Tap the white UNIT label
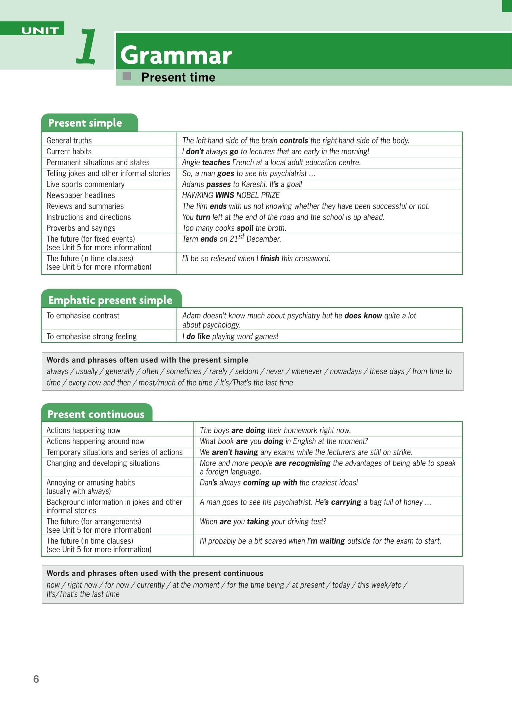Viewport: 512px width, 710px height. [40, 30]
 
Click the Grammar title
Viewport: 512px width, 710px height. [176, 56]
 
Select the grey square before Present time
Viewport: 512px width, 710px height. [127, 76]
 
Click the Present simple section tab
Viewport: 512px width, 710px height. [85, 123]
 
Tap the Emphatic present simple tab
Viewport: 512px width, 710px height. [110, 300]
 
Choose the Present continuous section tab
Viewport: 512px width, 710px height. [96, 414]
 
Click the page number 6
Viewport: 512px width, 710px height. [36, 679]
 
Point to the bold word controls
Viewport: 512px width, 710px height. [293, 140]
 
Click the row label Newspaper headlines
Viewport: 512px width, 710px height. [81, 195]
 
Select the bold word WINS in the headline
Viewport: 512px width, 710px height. [224, 195]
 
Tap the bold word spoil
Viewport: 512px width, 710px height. [245, 228]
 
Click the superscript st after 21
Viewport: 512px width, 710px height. [241, 237]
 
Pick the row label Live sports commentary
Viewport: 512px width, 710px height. [86, 184]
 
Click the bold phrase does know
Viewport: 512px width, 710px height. [363, 316]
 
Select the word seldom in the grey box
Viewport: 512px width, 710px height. [246, 371]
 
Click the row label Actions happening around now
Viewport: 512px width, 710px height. [95, 441]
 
